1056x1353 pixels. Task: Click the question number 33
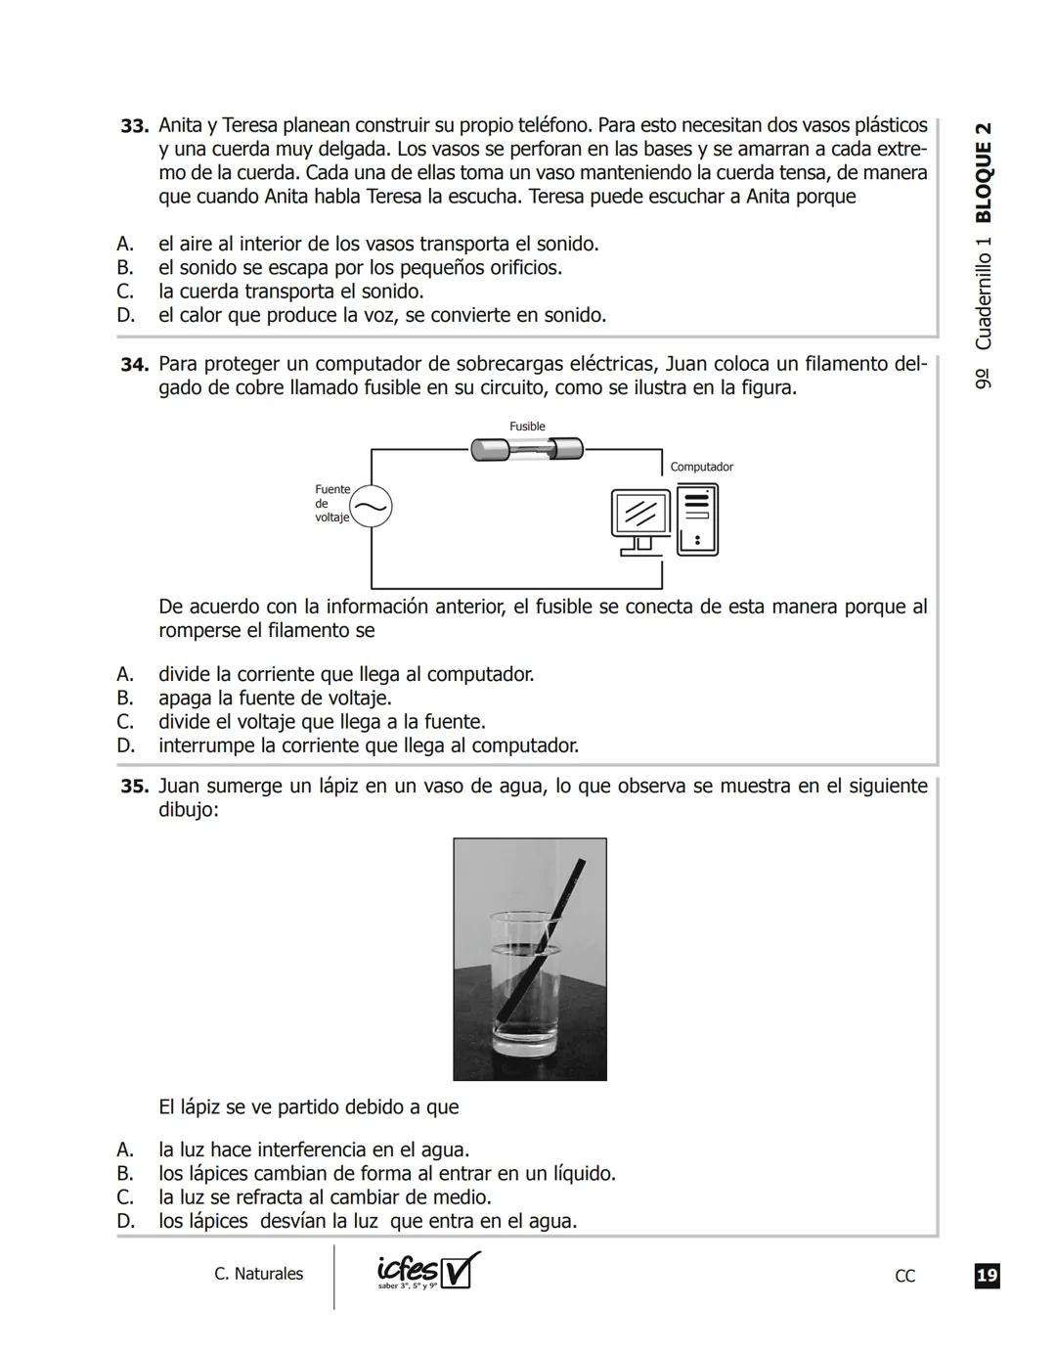[134, 126]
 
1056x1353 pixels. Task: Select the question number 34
[134, 365]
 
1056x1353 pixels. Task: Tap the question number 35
[134, 787]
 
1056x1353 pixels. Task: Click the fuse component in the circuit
[527, 449]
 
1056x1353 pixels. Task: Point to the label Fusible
[527, 427]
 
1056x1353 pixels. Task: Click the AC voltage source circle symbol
[371, 506]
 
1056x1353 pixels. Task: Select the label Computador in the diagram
[701, 467]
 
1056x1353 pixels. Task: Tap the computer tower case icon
[697, 519]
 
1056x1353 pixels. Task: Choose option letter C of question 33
[125, 292]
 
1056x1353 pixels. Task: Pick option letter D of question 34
[125, 745]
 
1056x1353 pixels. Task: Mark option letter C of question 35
[125, 1197]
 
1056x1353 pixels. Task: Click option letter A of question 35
[125, 1150]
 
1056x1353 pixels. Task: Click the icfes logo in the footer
[428, 1272]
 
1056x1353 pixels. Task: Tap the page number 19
[987, 1276]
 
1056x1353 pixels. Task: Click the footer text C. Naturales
[258, 1274]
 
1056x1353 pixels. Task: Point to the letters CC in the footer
[904, 1276]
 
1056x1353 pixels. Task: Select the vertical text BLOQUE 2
[984, 172]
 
